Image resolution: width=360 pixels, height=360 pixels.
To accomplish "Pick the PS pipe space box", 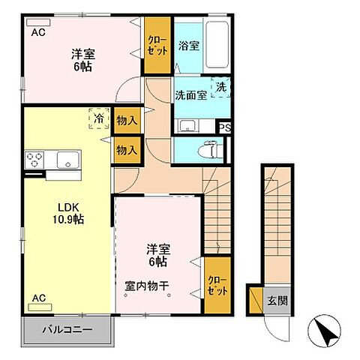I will pos(225,128).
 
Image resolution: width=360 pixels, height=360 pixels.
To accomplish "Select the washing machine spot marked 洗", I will pos(221,88).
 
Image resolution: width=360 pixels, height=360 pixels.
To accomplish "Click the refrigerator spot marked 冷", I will pos(97,118).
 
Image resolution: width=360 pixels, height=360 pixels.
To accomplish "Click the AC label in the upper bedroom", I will pos(37,33).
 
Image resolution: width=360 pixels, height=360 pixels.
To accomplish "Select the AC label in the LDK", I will pos(37,298).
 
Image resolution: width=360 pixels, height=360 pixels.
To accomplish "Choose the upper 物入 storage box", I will pos(127,121).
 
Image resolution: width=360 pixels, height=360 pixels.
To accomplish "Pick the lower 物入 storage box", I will pos(127,150).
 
